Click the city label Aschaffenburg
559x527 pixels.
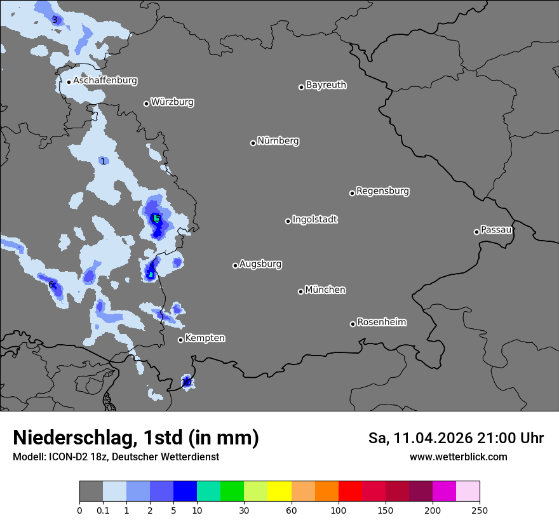click(x=105, y=81)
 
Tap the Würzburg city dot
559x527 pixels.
click(x=146, y=103)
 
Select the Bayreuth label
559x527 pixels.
click(x=326, y=84)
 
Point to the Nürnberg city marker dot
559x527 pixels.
click(x=253, y=143)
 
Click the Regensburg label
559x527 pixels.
click(x=382, y=190)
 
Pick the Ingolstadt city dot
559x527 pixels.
click(x=288, y=221)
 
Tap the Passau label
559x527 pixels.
click(x=496, y=229)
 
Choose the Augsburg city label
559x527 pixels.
click(x=260, y=263)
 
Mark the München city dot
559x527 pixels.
click(x=300, y=291)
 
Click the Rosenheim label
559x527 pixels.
click(x=381, y=322)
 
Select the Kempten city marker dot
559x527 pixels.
click(x=180, y=340)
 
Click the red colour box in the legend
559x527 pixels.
click(x=350, y=491)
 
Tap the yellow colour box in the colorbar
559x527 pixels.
click(x=279, y=491)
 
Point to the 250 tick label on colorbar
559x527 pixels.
click(x=480, y=510)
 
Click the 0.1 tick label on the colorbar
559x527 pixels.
click(x=103, y=510)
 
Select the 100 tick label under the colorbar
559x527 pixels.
click(x=339, y=510)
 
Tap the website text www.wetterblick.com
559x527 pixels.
click(x=458, y=457)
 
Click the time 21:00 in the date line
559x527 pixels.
click(x=497, y=438)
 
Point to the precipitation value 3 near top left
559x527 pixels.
click(x=55, y=20)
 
